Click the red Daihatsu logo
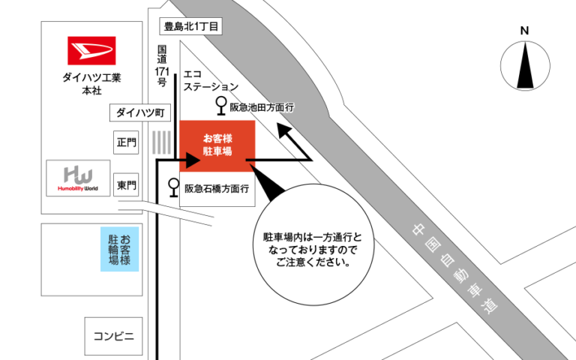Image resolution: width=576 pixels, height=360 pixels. [91, 51]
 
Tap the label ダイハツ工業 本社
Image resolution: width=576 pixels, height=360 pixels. [91, 82]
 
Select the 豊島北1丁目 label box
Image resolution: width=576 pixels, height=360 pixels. [191, 26]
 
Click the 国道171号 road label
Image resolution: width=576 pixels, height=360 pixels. [161, 66]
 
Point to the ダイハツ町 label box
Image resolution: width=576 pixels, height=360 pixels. [139, 112]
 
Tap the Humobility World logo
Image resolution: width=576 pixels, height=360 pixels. [78, 178]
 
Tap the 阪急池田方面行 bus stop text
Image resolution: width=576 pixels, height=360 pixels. [262, 108]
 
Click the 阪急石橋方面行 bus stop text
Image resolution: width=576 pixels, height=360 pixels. [217, 188]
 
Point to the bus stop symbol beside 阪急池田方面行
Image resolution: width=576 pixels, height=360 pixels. [221, 106]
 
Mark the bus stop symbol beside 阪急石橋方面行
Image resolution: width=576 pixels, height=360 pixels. [174, 186]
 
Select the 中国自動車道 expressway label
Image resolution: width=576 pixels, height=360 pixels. [454, 270]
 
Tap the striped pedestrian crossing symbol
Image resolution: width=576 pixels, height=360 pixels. [160, 142]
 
